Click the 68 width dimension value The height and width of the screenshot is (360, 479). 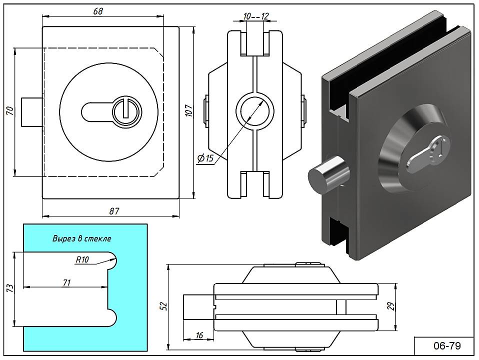(98, 11)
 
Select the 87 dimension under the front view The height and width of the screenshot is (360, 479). (114, 210)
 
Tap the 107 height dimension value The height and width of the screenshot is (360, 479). (188, 111)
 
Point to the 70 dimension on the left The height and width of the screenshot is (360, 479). (9, 111)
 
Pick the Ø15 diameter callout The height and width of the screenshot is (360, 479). (205, 158)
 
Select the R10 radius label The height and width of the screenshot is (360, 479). (82, 259)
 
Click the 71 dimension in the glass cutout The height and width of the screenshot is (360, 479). (66, 282)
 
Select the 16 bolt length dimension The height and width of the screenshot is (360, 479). (199, 336)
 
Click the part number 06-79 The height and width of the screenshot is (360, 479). (444, 345)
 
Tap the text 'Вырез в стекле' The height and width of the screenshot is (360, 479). (82, 238)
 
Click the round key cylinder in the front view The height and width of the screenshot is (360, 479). (124, 111)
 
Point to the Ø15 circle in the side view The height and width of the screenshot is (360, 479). (254, 110)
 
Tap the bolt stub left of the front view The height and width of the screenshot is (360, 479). (31, 111)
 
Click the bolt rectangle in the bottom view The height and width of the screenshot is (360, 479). (198, 305)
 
